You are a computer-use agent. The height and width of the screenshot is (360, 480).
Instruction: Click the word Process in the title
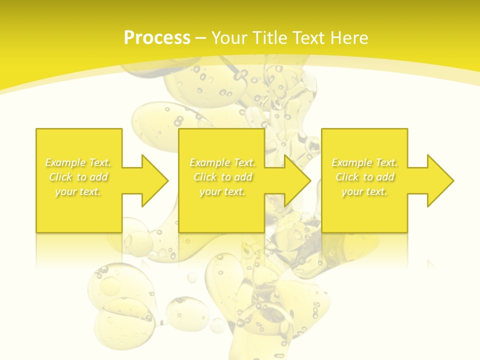click(157, 38)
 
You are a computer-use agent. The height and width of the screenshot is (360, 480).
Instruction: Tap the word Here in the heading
click(348, 38)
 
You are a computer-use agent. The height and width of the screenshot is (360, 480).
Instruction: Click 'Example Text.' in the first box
click(78, 162)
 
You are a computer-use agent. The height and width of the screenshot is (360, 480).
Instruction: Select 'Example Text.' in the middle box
click(222, 162)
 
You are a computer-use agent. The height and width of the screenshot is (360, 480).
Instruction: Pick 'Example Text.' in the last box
click(364, 162)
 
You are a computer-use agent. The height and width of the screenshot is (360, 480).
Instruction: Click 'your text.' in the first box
click(78, 191)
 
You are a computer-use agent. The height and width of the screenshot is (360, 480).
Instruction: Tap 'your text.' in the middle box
click(222, 191)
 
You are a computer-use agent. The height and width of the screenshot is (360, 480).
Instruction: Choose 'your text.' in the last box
click(364, 191)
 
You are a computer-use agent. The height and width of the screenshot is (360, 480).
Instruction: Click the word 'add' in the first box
click(99, 177)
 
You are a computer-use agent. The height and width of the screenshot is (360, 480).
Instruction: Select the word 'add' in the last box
click(386, 177)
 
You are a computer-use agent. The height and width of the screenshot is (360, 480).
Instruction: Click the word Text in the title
click(306, 38)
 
